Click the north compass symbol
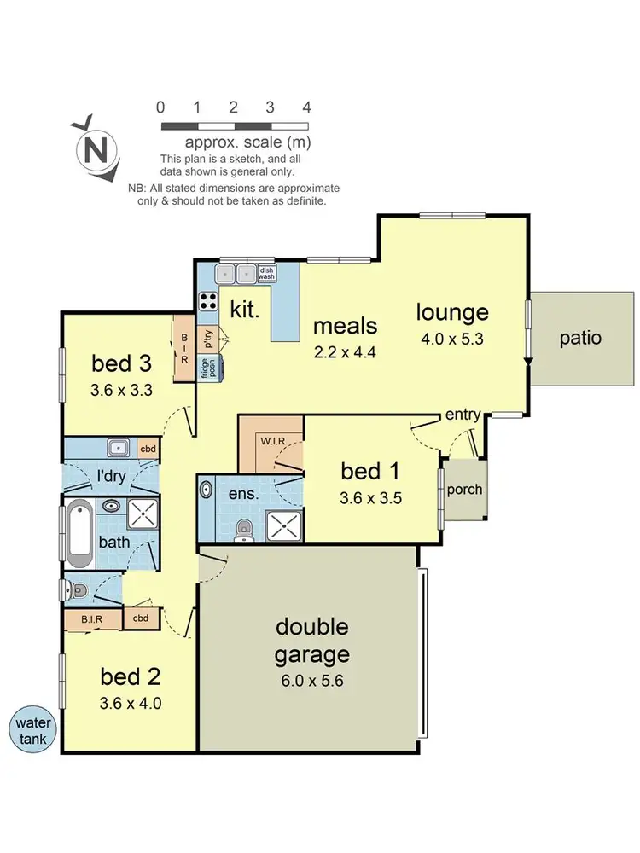pyautogui.click(x=96, y=150)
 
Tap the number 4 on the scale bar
pyautogui.click(x=306, y=107)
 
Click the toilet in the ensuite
pyautogui.click(x=245, y=529)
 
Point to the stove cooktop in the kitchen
pyautogui.click(x=208, y=300)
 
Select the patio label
pyautogui.click(x=580, y=338)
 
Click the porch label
pyautogui.click(x=464, y=490)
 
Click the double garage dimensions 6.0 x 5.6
pyautogui.click(x=311, y=682)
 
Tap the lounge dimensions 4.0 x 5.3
pyautogui.click(x=452, y=338)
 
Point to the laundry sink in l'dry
pyautogui.click(x=118, y=448)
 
